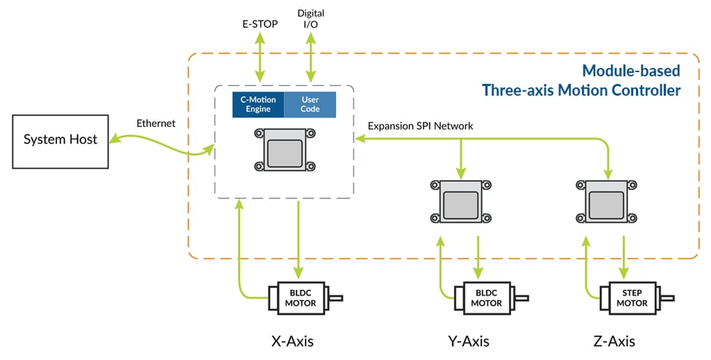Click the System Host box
click(60, 139)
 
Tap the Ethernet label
click(156, 123)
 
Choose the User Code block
click(310, 104)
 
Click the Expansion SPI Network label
click(420, 126)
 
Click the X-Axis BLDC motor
click(299, 297)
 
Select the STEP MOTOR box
click(631, 297)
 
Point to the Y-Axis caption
click(467, 340)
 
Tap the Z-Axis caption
click(613, 340)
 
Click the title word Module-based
click(631, 71)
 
